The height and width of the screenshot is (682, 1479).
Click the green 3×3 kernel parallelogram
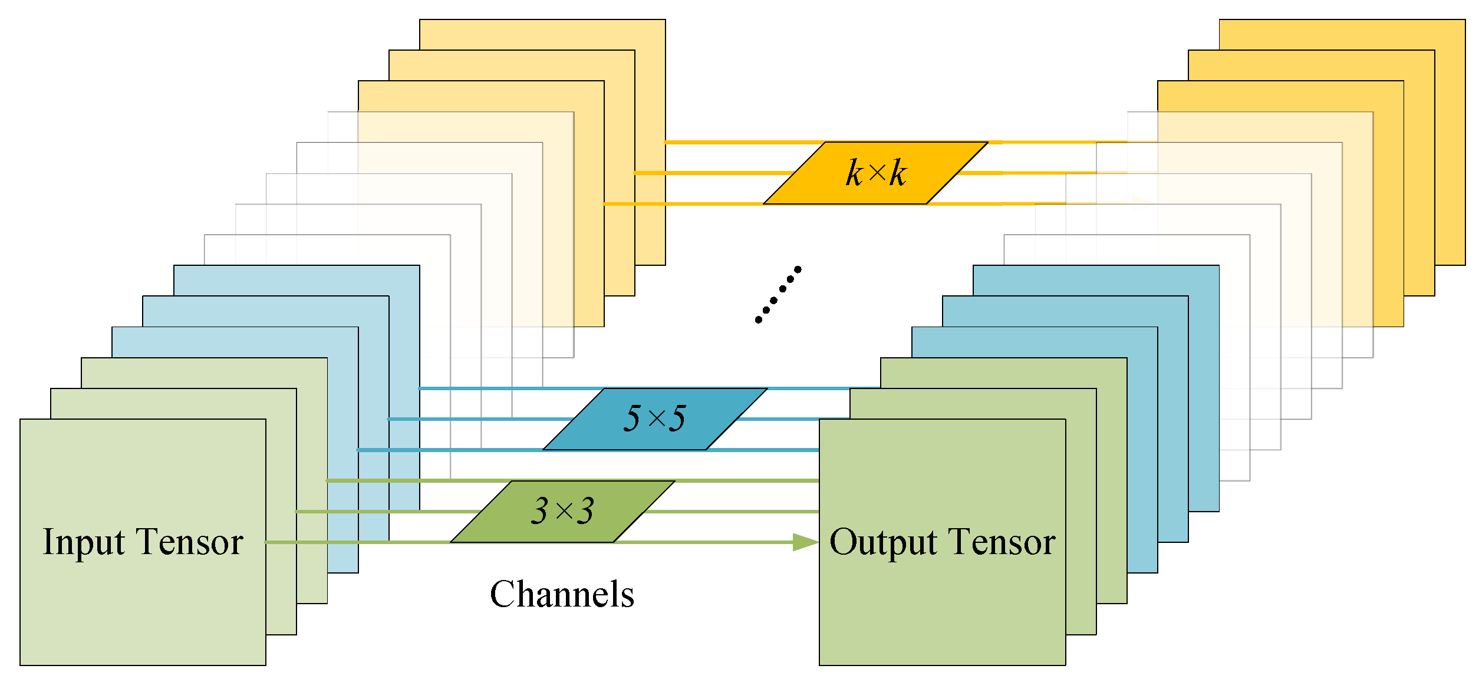click(563, 512)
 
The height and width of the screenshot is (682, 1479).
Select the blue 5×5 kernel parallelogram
click(655, 419)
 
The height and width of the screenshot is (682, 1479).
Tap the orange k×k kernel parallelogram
click(875, 173)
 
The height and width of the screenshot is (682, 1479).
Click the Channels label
click(562, 594)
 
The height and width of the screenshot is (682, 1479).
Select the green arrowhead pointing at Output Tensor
click(805, 542)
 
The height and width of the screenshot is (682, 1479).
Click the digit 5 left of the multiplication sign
click(632, 419)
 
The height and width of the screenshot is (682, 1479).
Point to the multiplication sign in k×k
click(877, 173)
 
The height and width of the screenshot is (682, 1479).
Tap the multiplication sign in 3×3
click(564, 512)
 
